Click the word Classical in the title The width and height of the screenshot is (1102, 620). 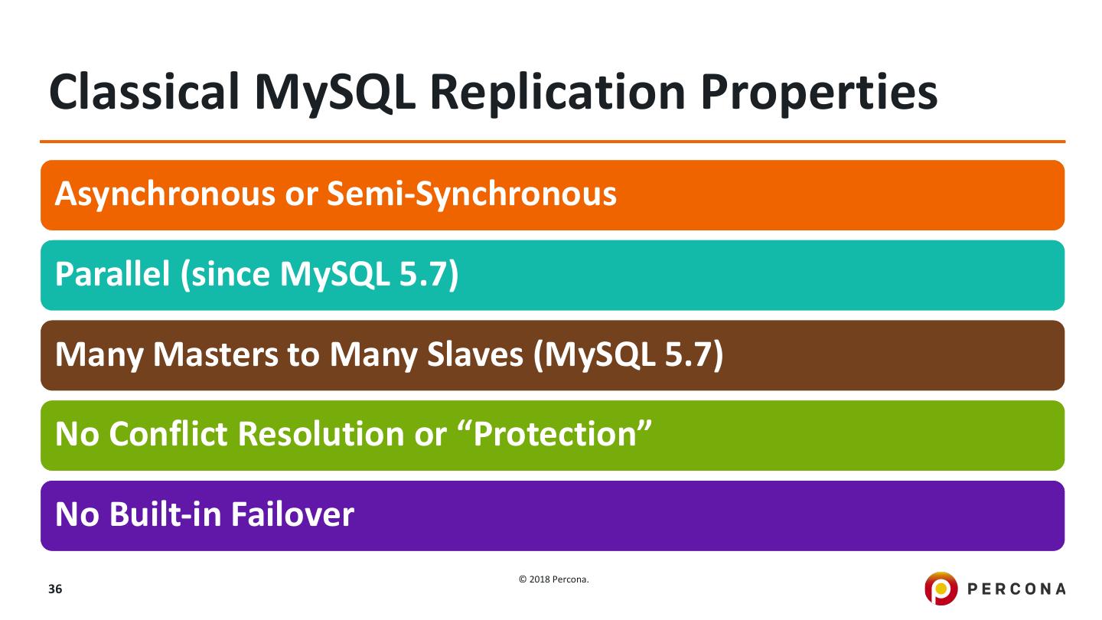144,92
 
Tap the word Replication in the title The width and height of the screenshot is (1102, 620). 558,93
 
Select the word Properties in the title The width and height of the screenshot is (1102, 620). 819,94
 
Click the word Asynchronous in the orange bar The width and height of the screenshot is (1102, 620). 165,194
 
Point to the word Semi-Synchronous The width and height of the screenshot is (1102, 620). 471,194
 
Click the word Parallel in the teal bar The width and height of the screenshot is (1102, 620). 112,273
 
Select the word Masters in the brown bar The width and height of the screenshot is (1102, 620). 216,354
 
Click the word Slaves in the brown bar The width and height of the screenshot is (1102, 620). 474,354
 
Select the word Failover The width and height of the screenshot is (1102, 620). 292,514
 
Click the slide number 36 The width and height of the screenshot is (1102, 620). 55,589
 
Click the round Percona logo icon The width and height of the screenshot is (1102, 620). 941,588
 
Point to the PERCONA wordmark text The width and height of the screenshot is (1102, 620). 1016,589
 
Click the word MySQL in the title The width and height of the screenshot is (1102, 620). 335,93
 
